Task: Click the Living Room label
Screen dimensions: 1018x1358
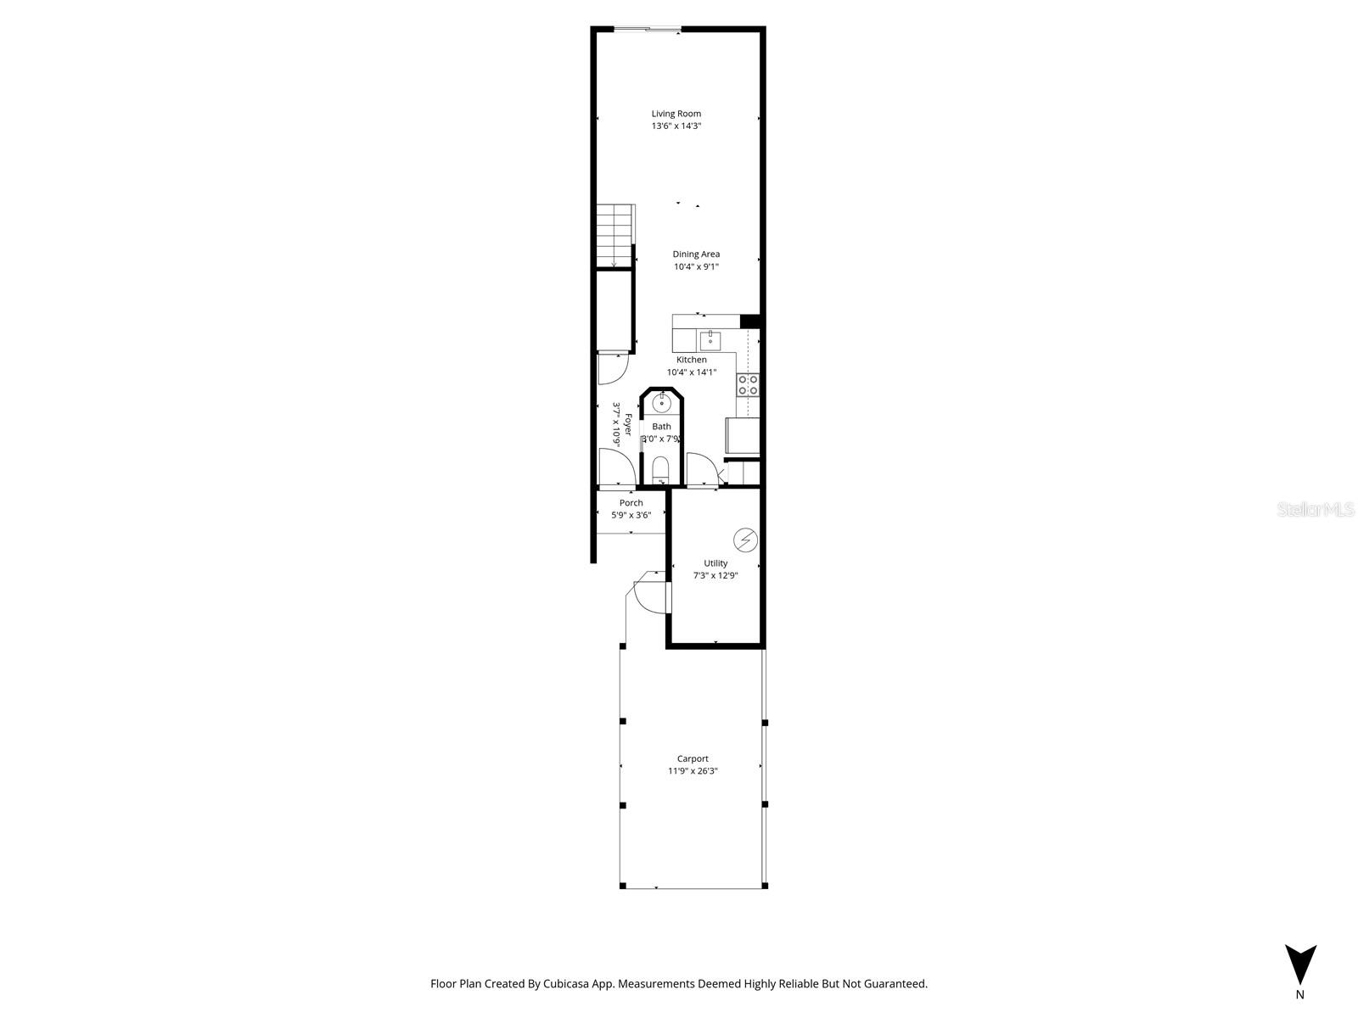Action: tap(676, 114)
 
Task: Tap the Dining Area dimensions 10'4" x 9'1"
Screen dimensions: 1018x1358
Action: tap(696, 266)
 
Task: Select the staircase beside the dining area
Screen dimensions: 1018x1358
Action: tap(614, 236)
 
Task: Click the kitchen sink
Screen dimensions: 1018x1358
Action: tap(710, 341)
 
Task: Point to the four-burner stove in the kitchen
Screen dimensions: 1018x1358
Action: tap(748, 384)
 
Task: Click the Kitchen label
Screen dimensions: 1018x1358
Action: tap(691, 360)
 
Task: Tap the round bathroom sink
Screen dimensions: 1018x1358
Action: tap(661, 402)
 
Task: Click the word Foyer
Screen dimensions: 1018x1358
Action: tap(628, 425)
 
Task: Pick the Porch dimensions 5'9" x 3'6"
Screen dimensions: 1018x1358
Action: tap(631, 515)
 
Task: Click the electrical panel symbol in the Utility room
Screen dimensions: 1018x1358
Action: tap(745, 540)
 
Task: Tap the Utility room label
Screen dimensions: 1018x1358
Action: tap(715, 563)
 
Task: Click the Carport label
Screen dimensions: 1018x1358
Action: tap(693, 759)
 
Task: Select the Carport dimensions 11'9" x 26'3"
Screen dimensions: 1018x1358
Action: tap(693, 771)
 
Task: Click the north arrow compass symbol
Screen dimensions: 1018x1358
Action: tap(1299, 965)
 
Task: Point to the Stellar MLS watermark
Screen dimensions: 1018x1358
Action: tap(1316, 509)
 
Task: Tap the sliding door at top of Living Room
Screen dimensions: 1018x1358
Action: tap(647, 30)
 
